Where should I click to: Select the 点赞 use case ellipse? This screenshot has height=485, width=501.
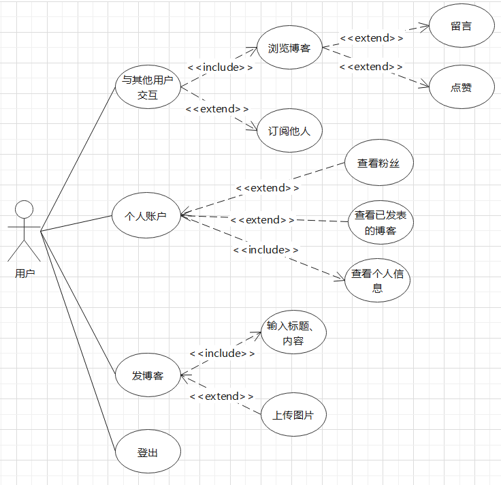[462, 87]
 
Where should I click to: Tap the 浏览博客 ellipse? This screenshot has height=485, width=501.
[289, 48]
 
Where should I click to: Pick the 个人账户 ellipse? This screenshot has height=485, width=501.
[146, 215]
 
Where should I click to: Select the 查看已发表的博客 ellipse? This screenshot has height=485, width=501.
[380, 223]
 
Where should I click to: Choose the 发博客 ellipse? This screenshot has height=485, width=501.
[148, 375]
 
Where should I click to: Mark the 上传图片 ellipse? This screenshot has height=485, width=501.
[294, 415]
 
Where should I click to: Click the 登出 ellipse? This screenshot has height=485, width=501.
[148, 452]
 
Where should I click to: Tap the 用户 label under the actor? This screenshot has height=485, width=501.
[25, 273]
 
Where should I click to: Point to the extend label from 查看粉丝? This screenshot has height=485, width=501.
[268, 187]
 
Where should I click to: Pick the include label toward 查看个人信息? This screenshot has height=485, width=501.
[266, 250]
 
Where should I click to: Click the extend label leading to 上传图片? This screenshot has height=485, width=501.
[222, 396]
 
